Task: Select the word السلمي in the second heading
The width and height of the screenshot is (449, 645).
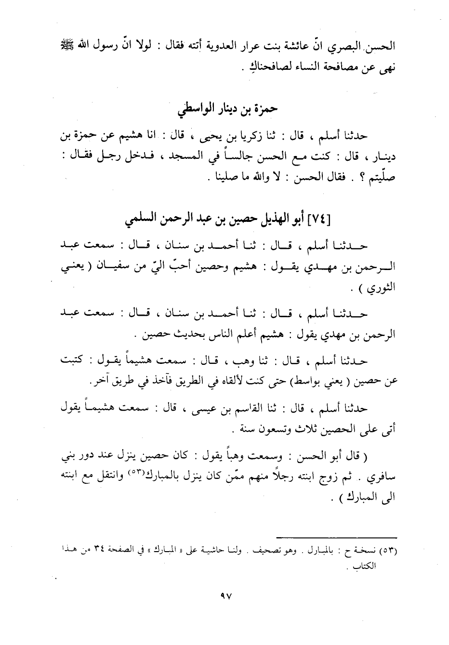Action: click(x=141, y=220)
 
